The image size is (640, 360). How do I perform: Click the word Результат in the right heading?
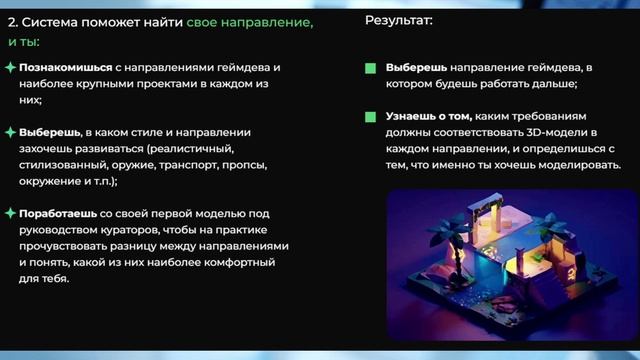pos(397,20)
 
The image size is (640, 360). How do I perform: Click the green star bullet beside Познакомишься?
pos(10,67)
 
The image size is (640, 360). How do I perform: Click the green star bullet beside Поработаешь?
pos(10,213)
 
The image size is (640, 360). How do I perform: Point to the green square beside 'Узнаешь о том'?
pos(370,117)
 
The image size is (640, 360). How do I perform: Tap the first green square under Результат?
pos(370,69)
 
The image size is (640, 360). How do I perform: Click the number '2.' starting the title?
pos(14,21)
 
